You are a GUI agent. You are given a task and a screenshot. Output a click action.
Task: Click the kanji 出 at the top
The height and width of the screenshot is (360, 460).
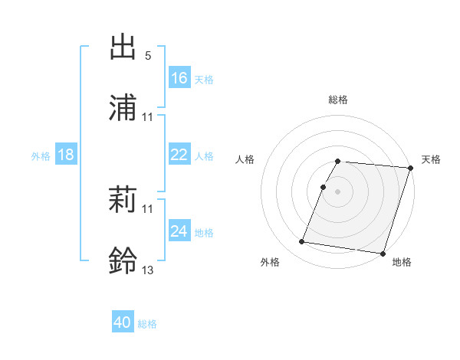tap(123, 47)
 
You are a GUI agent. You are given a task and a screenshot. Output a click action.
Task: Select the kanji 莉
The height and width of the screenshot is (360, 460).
tap(123, 201)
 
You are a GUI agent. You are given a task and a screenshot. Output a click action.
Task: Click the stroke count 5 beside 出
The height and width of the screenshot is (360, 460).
tap(147, 56)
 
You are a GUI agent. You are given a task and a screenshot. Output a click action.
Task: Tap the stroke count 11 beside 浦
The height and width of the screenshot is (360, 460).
tap(148, 117)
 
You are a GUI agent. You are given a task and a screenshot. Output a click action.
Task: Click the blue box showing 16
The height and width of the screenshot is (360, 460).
tap(179, 78)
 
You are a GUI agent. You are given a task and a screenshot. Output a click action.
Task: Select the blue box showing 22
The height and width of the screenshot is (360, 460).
tap(179, 155)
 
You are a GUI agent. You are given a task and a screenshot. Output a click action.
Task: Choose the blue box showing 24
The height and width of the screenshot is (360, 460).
tap(179, 231)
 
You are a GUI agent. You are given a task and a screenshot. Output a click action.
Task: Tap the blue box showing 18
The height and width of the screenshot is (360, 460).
tap(66, 155)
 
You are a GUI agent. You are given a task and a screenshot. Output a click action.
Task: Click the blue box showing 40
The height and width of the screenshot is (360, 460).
tap(123, 323)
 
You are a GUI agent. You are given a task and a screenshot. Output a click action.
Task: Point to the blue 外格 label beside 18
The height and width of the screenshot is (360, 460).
tap(41, 156)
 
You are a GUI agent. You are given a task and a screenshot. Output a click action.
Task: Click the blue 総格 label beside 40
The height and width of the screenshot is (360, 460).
tap(147, 324)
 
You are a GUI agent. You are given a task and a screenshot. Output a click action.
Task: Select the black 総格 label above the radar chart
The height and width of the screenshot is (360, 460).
tap(338, 100)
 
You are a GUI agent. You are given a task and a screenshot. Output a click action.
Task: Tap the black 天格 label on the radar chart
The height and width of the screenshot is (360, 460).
tap(431, 159)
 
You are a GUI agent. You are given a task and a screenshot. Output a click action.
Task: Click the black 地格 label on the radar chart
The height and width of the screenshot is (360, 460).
tap(402, 262)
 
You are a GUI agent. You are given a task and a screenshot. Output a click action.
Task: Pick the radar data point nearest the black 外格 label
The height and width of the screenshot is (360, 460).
tap(302, 242)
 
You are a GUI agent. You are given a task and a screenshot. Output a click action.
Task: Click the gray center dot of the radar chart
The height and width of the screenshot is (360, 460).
tap(338, 191)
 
